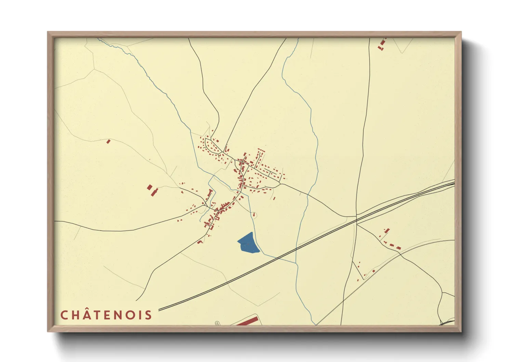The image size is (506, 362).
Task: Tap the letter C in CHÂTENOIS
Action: pyautogui.click(x=64, y=315)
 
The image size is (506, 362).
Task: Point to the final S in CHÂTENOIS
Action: pyautogui.click(x=148, y=315)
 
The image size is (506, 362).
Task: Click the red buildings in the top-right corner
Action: pyautogui.click(x=382, y=45)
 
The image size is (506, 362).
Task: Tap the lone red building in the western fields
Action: pyautogui.click(x=108, y=141)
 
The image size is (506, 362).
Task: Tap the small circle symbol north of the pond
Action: pyautogui.click(x=254, y=215)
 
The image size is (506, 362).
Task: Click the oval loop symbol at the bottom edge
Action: pyautogui.click(x=217, y=323)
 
